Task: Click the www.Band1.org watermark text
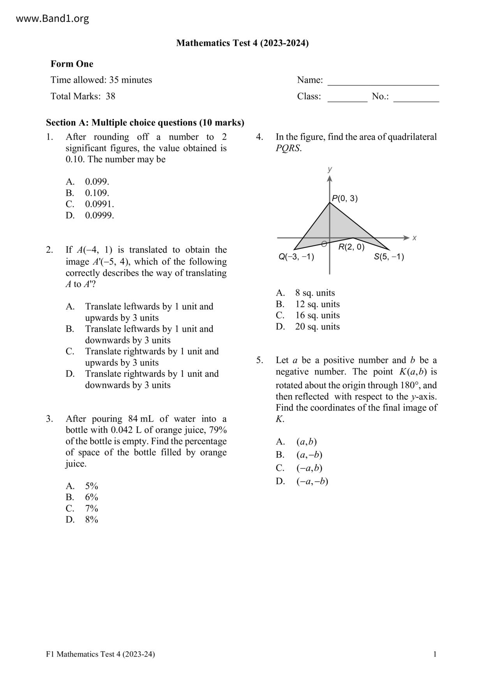pos(53,19)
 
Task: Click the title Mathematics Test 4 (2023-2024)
pos(242,43)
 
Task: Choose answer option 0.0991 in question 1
pos(99,204)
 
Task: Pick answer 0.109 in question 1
pos(97,193)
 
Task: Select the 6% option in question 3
pos(92,497)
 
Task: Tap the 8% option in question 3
pos(92,520)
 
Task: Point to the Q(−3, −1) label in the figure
pos(296,257)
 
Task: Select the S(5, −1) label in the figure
pos(389,257)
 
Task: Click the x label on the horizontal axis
pos(414,238)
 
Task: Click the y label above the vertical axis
pos(330,169)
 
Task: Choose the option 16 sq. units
pos(317,315)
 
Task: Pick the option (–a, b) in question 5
pos(309,468)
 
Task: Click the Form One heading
pos(72,64)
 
